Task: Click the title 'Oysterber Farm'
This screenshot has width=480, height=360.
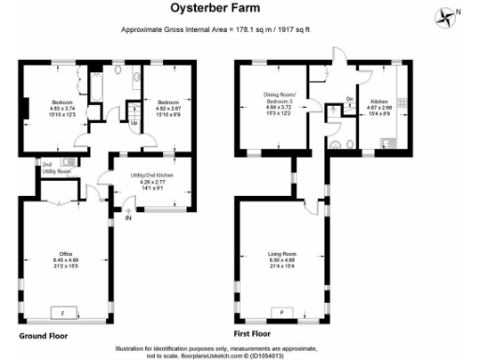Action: coord(239,10)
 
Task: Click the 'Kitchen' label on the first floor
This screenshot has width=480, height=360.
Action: coord(381,99)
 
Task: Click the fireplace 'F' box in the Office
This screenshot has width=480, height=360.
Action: coord(63,311)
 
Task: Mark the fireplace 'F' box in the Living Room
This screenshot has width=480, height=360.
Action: coord(278,311)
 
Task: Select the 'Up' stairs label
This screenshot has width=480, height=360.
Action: coord(134,123)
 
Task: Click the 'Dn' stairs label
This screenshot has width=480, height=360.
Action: coord(349,99)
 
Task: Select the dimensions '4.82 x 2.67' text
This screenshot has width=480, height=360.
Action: coord(169,109)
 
